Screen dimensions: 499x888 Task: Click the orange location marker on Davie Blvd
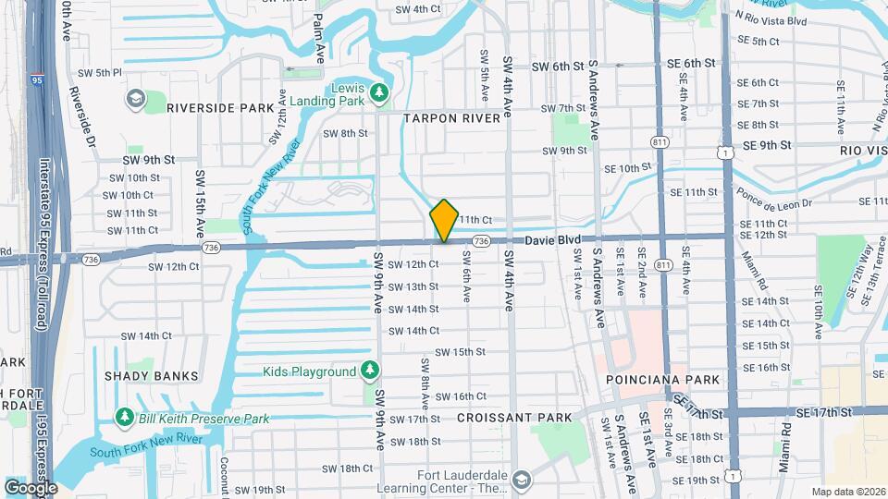point(444,221)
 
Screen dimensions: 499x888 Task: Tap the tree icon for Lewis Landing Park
point(378,92)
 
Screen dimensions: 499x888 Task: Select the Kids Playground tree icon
point(370,371)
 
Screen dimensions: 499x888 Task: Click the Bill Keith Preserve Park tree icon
point(125,419)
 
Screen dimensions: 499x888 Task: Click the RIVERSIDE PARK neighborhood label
point(220,108)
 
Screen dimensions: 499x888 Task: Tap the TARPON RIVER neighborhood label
point(451,118)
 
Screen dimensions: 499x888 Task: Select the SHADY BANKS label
point(152,376)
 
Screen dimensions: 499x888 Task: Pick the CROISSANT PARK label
point(514,418)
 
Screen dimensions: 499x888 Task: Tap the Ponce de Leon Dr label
point(774,197)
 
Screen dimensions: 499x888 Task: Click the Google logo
point(31,487)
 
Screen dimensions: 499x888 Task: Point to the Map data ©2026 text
point(847,492)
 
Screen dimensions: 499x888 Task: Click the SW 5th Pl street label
point(100,73)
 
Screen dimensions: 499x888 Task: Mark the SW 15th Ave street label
point(200,203)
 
